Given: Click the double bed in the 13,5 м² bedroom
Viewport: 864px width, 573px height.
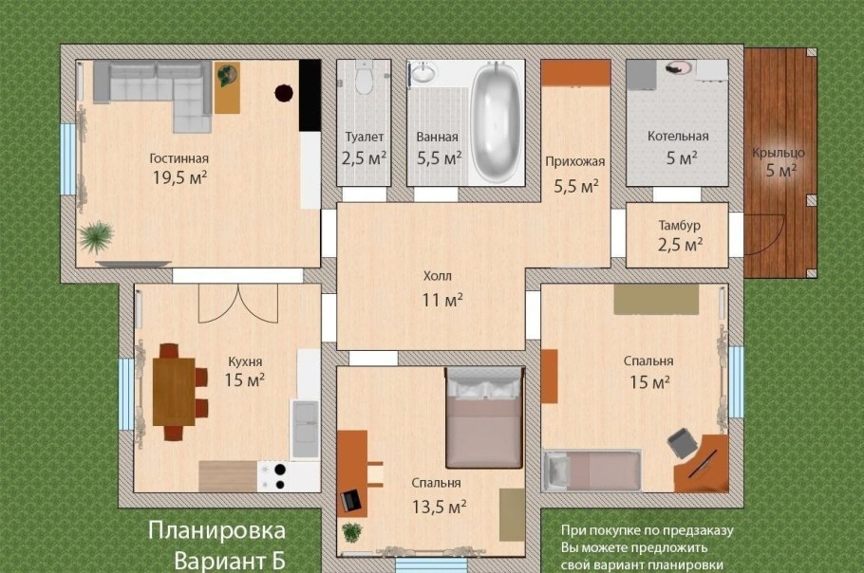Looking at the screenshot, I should [485, 417].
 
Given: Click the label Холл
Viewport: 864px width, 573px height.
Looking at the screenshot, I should [438, 277].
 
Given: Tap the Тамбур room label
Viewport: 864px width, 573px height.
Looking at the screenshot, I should [679, 226].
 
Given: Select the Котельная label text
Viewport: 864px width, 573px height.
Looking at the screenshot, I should [678, 137].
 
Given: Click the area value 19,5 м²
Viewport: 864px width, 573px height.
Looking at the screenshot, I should [179, 176].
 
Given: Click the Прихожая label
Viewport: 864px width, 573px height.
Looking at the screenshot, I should [574, 161].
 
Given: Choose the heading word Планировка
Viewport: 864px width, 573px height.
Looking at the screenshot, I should [216, 530].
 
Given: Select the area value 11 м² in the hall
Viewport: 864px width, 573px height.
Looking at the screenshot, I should [442, 300].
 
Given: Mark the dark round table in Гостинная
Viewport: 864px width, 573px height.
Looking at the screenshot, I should [284, 92].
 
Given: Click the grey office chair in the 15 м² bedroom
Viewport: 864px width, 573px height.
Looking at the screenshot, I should [681, 442].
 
